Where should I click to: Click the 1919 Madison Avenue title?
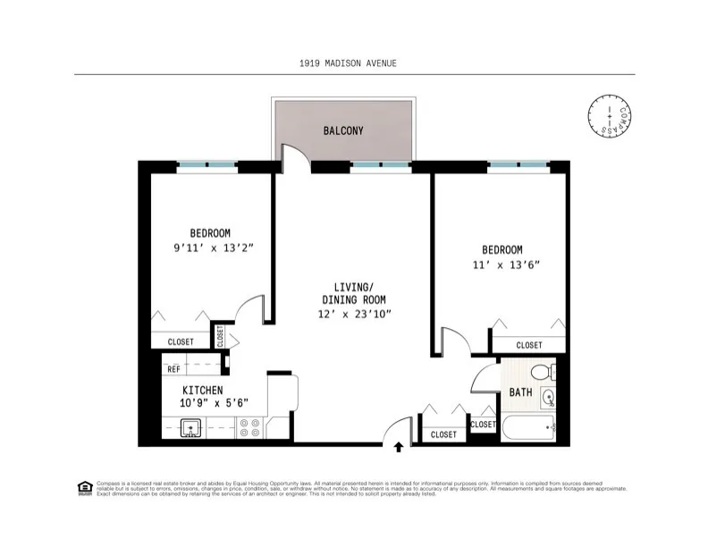(348, 63)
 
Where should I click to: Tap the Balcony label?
(343, 130)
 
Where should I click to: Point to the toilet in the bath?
(540, 371)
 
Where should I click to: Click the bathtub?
(528, 427)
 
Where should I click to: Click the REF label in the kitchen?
(173, 368)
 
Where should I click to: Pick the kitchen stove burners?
(250, 428)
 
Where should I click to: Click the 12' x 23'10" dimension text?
(355, 314)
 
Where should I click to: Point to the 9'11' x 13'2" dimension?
(209, 248)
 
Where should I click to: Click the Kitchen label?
(202, 391)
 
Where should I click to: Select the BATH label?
(520, 392)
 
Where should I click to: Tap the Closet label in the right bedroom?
(528, 345)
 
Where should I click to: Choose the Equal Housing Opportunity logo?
(85, 487)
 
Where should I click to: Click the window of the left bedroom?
(206, 164)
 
